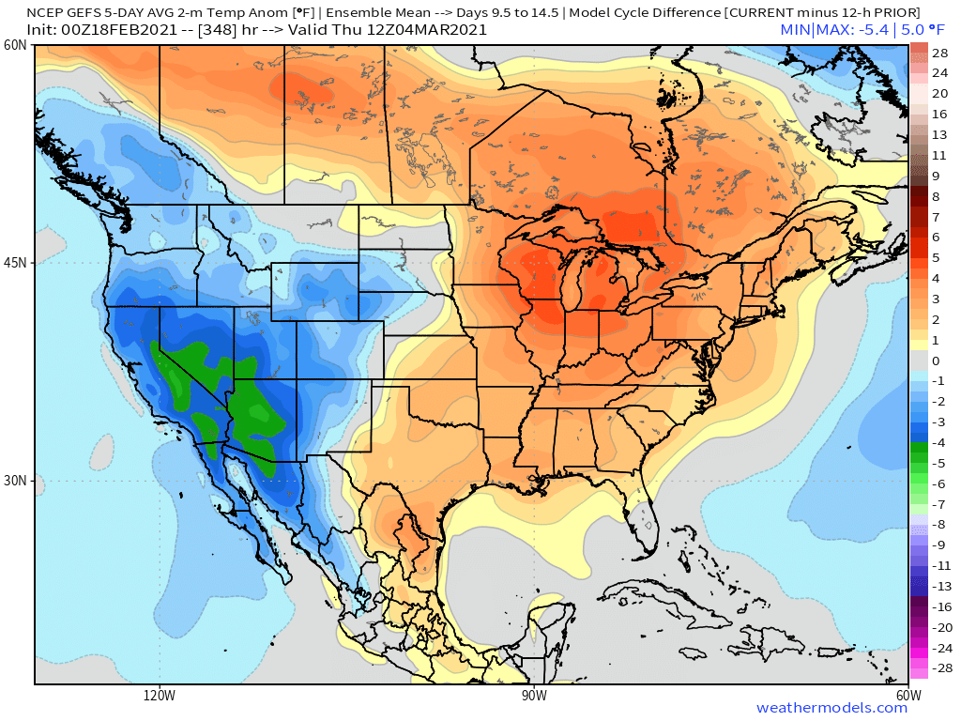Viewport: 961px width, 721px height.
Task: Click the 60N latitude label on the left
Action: (15, 45)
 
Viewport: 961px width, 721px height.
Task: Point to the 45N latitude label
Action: (15, 263)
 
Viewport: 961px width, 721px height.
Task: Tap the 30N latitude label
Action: (15, 481)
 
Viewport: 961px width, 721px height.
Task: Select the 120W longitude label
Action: (160, 696)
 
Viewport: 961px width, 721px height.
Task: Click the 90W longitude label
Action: (534, 696)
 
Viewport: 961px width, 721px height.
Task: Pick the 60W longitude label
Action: (908, 696)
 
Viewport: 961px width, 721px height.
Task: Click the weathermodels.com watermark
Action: (831, 708)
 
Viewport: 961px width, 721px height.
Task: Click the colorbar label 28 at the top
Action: (940, 53)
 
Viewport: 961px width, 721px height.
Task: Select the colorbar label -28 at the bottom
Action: (938, 668)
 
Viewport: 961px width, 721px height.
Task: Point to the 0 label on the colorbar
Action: (936, 360)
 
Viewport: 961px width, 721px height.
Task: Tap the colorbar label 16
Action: (940, 114)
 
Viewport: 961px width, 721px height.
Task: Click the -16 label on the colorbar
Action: (938, 606)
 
